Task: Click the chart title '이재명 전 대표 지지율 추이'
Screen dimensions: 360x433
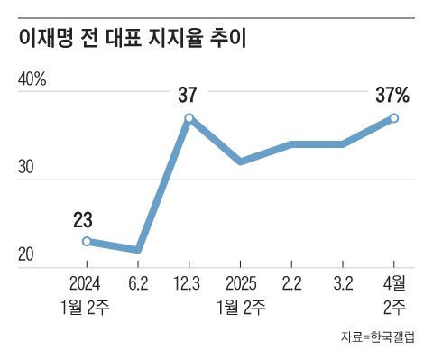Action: [x=131, y=38]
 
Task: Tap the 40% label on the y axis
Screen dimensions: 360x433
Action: [x=32, y=79]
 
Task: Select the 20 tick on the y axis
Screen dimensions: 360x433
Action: [x=25, y=255]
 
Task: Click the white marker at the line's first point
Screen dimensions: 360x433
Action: [x=86, y=241]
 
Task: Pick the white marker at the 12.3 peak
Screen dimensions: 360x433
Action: [x=189, y=118]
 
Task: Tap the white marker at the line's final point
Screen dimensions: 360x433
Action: [x=394, y=118]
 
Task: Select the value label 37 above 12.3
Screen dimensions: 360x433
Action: [x=188, y=94]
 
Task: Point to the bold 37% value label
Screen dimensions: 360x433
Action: [x=392, y=94]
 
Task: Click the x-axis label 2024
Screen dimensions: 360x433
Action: [x=86, y=282]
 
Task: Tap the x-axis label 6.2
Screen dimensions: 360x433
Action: [x=138, y=282]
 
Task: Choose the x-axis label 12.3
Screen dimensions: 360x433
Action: [x=189, y=282]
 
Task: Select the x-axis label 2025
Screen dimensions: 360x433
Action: [x=241, y=282]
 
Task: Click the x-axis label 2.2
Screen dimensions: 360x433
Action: [x=291, y=282]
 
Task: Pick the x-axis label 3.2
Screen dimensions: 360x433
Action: [x=343, y=282]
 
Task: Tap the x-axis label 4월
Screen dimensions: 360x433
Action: [x=394, y=282]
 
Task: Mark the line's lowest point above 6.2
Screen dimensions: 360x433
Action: [x=137, y=250]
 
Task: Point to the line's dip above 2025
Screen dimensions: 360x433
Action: [x=240, y=162]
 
